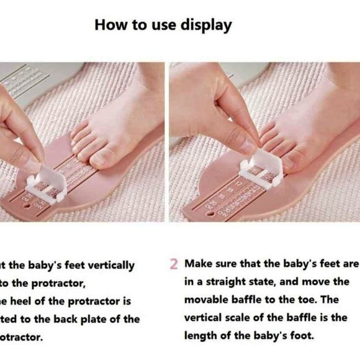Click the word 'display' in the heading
point(205,25)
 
